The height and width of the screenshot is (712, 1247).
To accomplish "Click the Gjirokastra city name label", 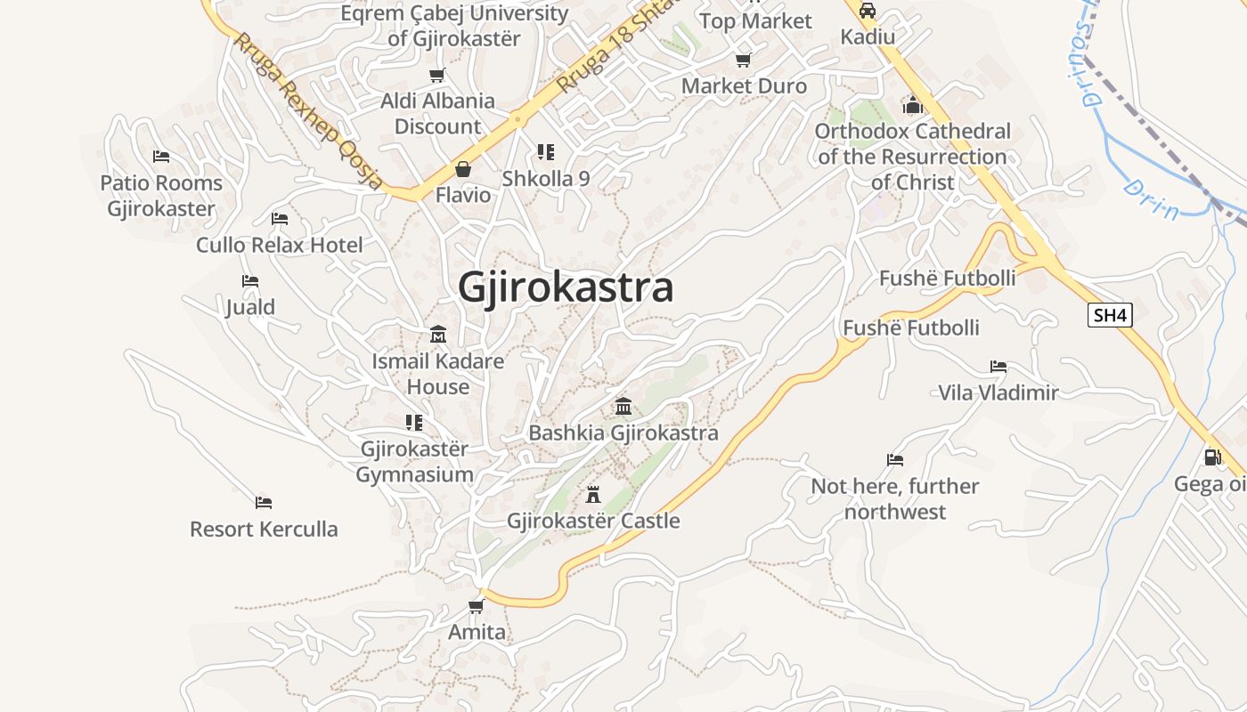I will point(566,287).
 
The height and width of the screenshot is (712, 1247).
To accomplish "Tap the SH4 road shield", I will point(1110,315).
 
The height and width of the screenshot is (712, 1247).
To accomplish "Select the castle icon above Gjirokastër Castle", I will point(593,494).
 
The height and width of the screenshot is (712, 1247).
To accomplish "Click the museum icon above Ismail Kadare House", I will point(438,335).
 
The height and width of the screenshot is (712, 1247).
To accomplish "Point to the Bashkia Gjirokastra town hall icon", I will point(623,407).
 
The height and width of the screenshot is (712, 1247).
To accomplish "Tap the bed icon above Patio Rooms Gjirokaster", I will point(161,157).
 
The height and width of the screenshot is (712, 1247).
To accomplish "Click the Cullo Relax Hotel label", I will point(280,245).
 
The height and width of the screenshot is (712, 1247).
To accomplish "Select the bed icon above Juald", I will point(250,281).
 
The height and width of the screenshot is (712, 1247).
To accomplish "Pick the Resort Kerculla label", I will point(264,530).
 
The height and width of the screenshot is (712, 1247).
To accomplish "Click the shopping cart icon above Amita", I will point(477,607).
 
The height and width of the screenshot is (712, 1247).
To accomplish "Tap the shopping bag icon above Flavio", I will point(463,168).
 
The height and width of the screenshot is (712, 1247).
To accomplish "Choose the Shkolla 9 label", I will point(546,178).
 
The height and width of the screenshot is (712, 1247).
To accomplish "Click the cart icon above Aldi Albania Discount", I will point(437,76).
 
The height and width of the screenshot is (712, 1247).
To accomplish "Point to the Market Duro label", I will point(744,86).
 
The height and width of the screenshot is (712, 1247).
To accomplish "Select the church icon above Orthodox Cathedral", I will point(912,106).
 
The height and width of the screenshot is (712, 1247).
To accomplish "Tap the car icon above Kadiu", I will point(868,11).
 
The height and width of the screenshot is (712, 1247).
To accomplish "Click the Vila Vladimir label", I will point(998,392).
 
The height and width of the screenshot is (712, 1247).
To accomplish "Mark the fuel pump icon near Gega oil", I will point(1212,457).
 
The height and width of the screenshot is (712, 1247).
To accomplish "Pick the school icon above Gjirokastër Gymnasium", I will point(414,422).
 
